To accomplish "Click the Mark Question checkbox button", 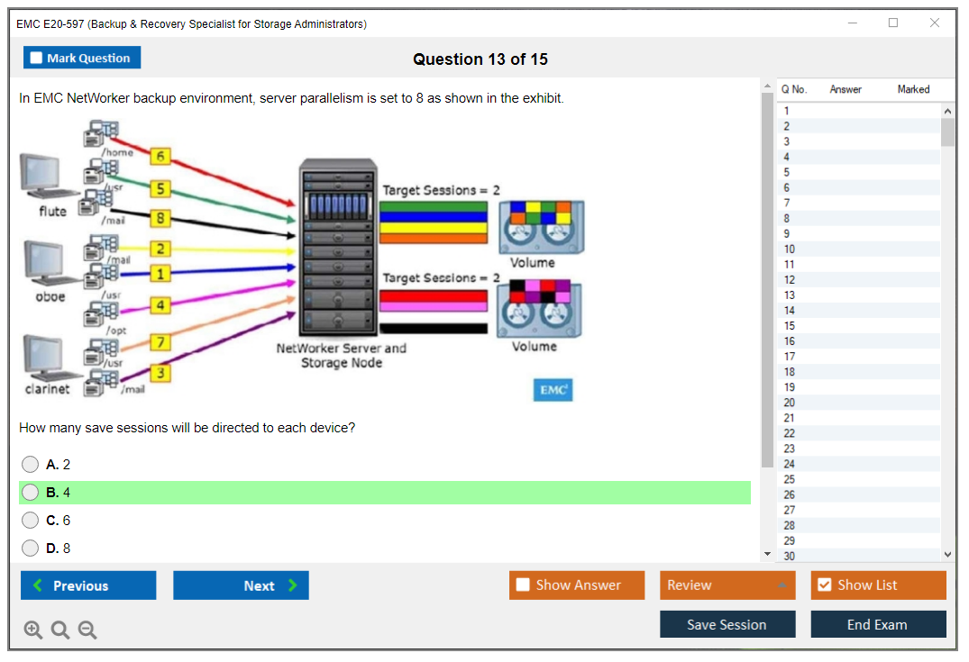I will pos(81,58).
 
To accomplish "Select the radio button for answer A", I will pos(31,465).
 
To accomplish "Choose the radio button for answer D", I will pos(31,548).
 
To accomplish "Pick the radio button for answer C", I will pos(31,521).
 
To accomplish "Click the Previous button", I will pos(88,585).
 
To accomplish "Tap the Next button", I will pos(241,585).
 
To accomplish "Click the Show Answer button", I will pos(576,585).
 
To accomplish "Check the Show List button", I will pos(878,585).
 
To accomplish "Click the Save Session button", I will pos(727,624).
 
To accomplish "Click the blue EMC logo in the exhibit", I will pos(553,390).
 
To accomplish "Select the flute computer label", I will pos(52,212).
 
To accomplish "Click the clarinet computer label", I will pos(47,389).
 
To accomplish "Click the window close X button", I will pos(935,23).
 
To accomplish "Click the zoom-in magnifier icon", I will pos(33,630).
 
